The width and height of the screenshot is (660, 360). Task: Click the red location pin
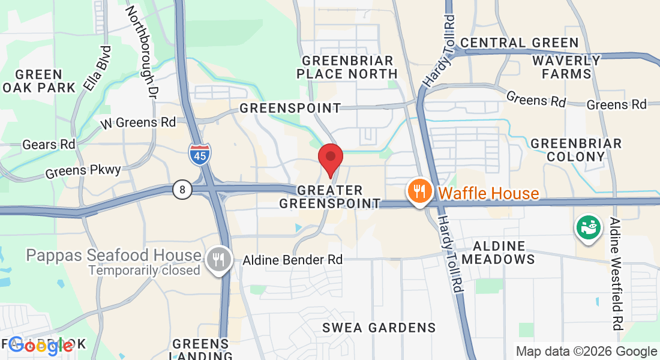click(330, 158)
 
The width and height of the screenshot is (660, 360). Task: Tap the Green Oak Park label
click(39, 81)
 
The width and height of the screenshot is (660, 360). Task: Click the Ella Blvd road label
click(98, 68)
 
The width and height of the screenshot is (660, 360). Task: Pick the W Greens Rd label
click(138, 122)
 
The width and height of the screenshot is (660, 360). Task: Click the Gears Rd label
click(49, 145)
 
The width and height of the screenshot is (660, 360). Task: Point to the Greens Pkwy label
click(83, 171)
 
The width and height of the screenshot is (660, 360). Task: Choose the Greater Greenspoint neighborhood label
click(330, 197)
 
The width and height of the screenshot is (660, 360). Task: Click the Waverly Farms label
click(566, 67)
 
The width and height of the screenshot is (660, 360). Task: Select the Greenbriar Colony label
click(576, 150)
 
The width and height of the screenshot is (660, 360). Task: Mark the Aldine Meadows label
click(503, 253)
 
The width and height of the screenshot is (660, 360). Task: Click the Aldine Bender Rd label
click(293, 260)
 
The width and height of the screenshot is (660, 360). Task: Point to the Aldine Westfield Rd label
click(616, 274)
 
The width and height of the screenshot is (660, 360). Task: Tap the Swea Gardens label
click(379, 328)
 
